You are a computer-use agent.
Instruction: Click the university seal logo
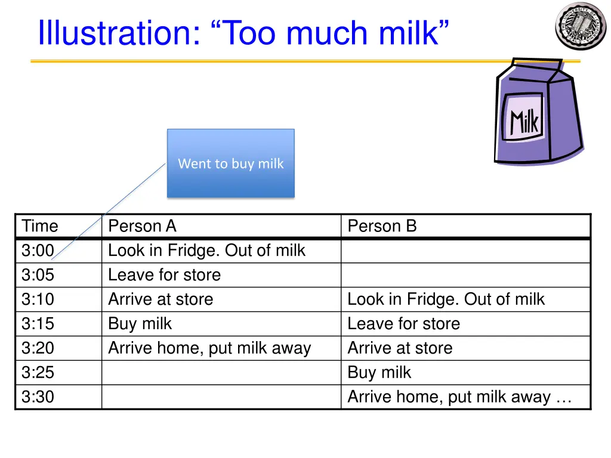coord(580,26)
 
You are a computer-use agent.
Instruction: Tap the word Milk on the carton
coord(524,122)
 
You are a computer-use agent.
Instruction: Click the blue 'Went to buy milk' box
coord(231,163)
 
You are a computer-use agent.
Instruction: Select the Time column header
coord(40,226)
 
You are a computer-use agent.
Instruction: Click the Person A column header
coord(142,226)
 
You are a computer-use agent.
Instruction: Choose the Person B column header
coord(382,226)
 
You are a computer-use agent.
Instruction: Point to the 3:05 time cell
coord(38,275)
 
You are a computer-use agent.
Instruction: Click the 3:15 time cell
coord(38,324)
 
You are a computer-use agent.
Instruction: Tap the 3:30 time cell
coord(38,397)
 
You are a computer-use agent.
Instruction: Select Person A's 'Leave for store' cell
coord(164,275)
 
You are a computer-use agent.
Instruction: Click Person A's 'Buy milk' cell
coord(140,324)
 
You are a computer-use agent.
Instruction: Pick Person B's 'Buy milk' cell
coord(379,373)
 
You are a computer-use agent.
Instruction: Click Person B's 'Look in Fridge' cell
coord(446,299)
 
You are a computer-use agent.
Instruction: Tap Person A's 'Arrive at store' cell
coord(160,299)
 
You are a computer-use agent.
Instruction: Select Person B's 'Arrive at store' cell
coord(400,348)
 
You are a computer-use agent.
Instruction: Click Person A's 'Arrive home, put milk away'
coord(209,348)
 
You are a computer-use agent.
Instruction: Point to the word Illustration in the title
coord(118,33)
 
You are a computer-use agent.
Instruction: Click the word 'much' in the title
coord(329,33)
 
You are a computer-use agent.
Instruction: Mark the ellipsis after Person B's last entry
coord(563,398)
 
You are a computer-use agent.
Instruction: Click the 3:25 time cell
coord(38,373)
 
